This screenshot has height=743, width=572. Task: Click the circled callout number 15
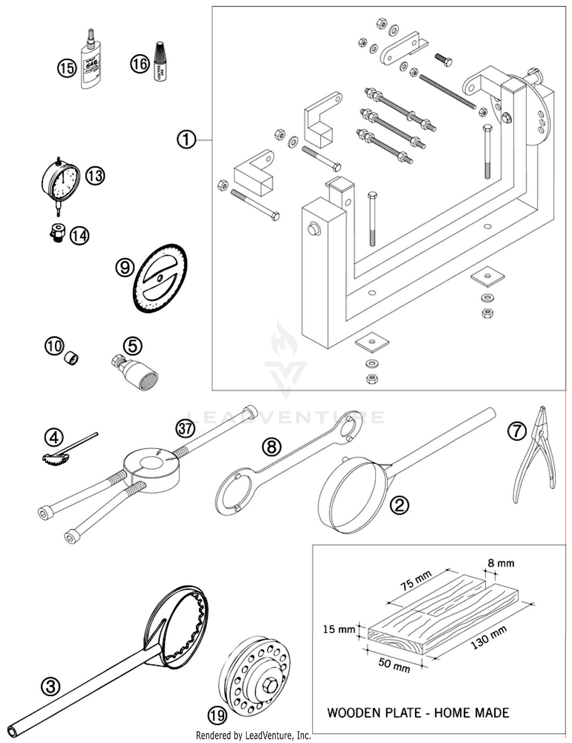[x=67, y=69]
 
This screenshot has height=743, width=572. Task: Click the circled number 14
[x=79, y=236]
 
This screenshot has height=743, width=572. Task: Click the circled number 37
[x=185, y=429]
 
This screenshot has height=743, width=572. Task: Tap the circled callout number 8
[x=272, y=447]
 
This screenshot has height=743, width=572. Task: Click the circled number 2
[x=399, y=505]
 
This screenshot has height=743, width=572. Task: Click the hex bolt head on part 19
[x=270, y=685]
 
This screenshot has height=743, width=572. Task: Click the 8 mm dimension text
[x=501, y=563]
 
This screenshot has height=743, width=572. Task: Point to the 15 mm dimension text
[x=339, y=629]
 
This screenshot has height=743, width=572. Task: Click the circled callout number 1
[x=186, y=140]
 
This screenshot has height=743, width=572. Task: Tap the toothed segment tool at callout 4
[x=55, y=458]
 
